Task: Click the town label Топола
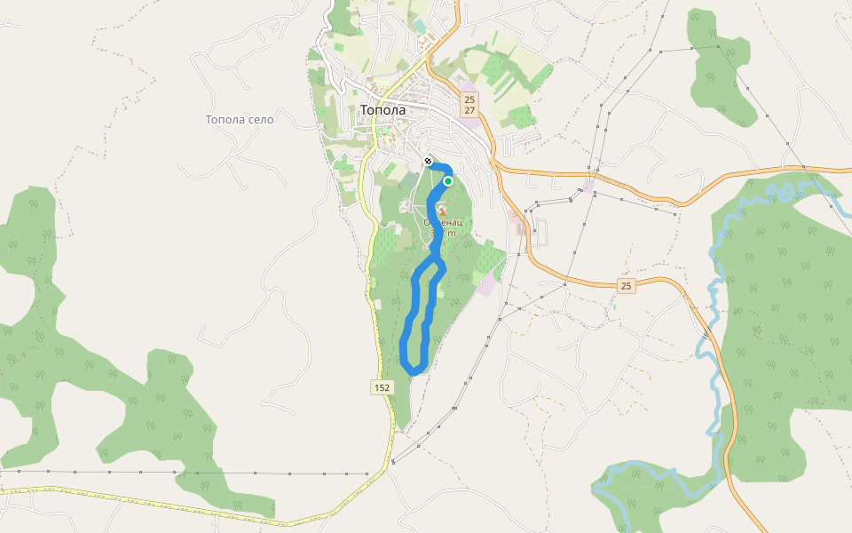[x=383, y=110]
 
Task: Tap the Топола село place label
[x=240, y=119]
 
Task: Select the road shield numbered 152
[x=382, y=387]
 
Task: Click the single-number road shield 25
[x=627, y=286]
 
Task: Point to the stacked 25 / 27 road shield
[x=469, y=105]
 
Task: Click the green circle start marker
[x=448, y=181]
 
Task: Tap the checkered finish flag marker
[x=428, y=161]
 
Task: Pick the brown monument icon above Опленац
[x=441, y=209]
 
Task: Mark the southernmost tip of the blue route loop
[x=414, y=371]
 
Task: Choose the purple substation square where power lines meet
[x=589, y=187]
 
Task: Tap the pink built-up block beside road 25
[x=488, y=284]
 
